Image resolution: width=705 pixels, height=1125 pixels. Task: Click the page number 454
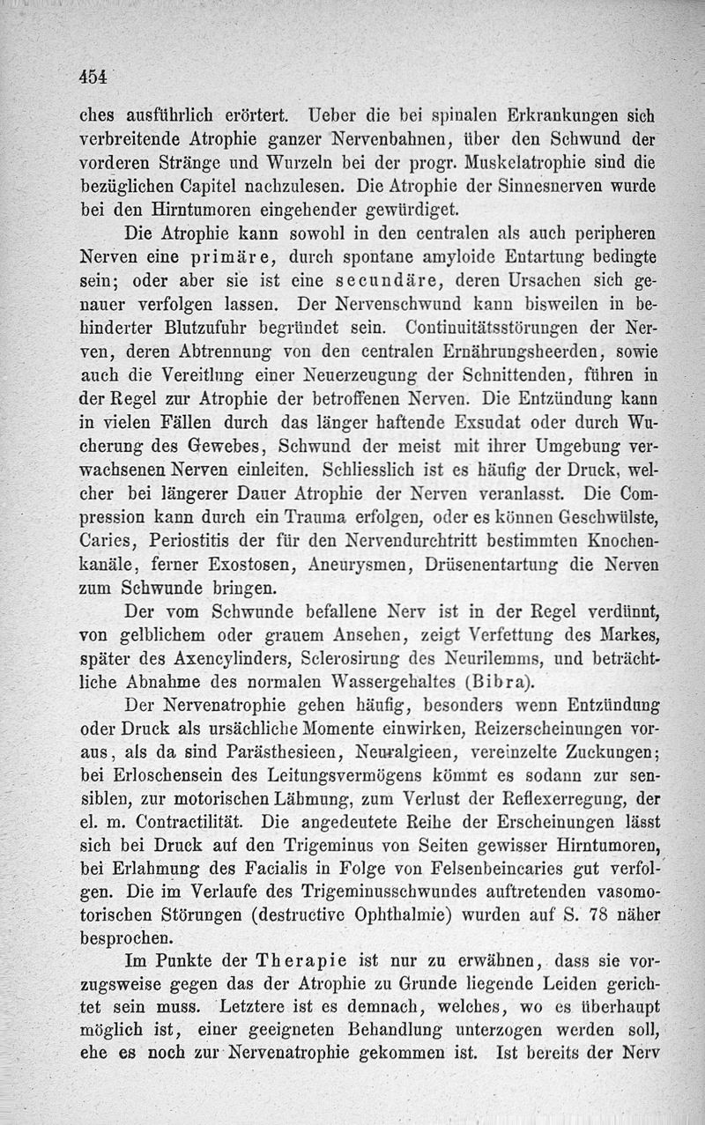click(x=91, y=77)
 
